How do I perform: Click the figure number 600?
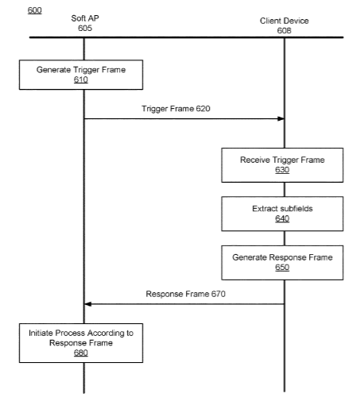(x=35, y=10)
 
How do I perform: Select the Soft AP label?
(x=85, y=18)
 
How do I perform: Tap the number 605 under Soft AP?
(x=85, y=28)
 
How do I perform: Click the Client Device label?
(x=285, y=21)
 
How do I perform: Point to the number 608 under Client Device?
(x=285, y=31)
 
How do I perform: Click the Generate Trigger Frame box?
(x=81, y=75)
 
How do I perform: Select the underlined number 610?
(x=81, y=79)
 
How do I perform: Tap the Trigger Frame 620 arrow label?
(x=176, y=109)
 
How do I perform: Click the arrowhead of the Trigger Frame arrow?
(x=281, y=118)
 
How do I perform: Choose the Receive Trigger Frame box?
(x=282, y=165)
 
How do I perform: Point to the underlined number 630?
(x=282, y=170)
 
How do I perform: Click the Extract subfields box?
(x=282, y=214)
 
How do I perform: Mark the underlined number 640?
(x=282, y=218)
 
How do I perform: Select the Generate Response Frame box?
(x=282, y=263)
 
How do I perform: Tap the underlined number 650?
(x=282, y=268)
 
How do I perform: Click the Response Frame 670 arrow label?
(x=186, y=294)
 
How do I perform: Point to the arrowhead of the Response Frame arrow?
(x=87, y=304)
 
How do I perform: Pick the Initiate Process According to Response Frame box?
(x=81, y=343)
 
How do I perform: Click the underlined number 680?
(x=81, y=353)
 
